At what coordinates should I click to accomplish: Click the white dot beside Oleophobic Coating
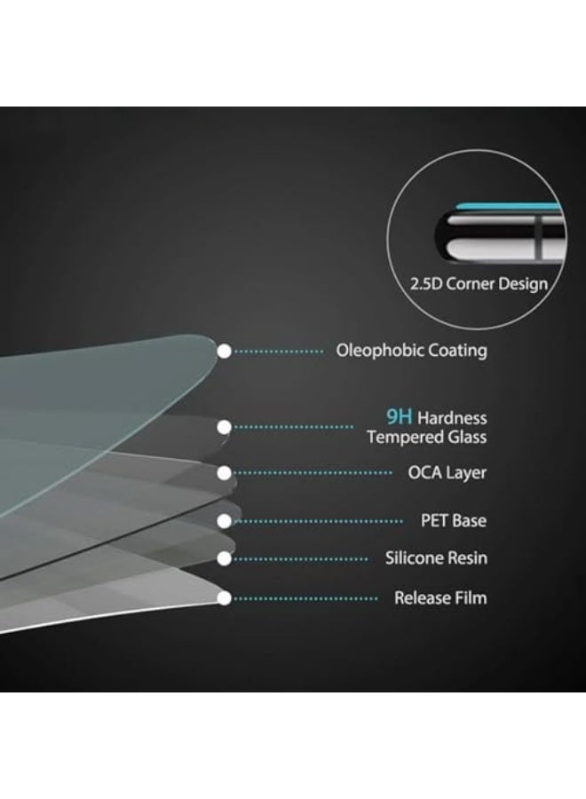225,351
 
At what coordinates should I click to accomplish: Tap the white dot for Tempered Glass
225,427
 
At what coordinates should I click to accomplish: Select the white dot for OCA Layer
225,473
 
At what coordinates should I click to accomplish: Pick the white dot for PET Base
225,521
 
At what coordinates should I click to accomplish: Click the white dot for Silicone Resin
225,558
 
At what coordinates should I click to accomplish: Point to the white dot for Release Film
225,598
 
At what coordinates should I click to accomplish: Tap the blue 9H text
399,417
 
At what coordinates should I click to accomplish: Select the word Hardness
452,418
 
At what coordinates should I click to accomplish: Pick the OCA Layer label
447,473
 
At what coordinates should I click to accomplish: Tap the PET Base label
454,521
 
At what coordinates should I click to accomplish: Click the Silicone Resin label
436,558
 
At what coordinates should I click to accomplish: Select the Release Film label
440,597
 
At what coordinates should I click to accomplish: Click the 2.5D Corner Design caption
479,284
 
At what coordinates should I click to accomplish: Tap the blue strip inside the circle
509,207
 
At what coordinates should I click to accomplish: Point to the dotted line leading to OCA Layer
313,473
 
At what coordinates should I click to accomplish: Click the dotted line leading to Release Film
305,598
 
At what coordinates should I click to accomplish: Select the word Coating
457,351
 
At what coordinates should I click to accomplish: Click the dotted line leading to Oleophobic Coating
279,351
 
